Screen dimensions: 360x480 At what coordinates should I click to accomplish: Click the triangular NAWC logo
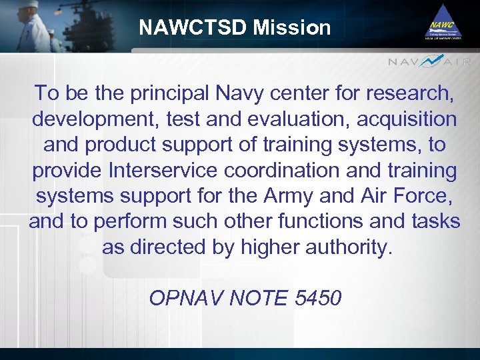(x=443, y=23)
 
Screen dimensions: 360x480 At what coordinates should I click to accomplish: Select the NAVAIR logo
(x=429, y=62)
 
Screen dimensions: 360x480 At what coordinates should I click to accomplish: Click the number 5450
(x=317, y=298)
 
